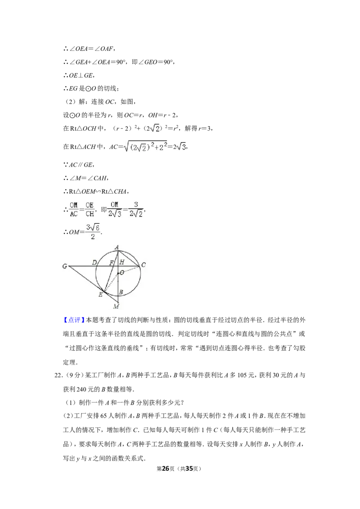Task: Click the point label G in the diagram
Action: [x=65, y=266]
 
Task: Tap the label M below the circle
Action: [x=116, y=306]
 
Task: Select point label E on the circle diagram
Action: [x=100, y=295]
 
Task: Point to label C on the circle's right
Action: [x=143, y=265]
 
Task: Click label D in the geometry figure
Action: [x=94, y=262]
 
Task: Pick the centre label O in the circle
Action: [x=122, y=272]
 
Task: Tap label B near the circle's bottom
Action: [x=121, y=292]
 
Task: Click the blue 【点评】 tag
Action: [x=74, y=320]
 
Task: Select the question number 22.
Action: [x=58, y=375]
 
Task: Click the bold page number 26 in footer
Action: [x=166, y=469]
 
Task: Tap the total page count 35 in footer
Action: [x=189, y=469]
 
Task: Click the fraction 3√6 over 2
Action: [x=93, y=232]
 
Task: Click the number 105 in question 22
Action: [x=242, y=375]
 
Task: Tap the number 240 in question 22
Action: [x=81, y=389]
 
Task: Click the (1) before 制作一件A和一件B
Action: [x=71, y=402]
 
